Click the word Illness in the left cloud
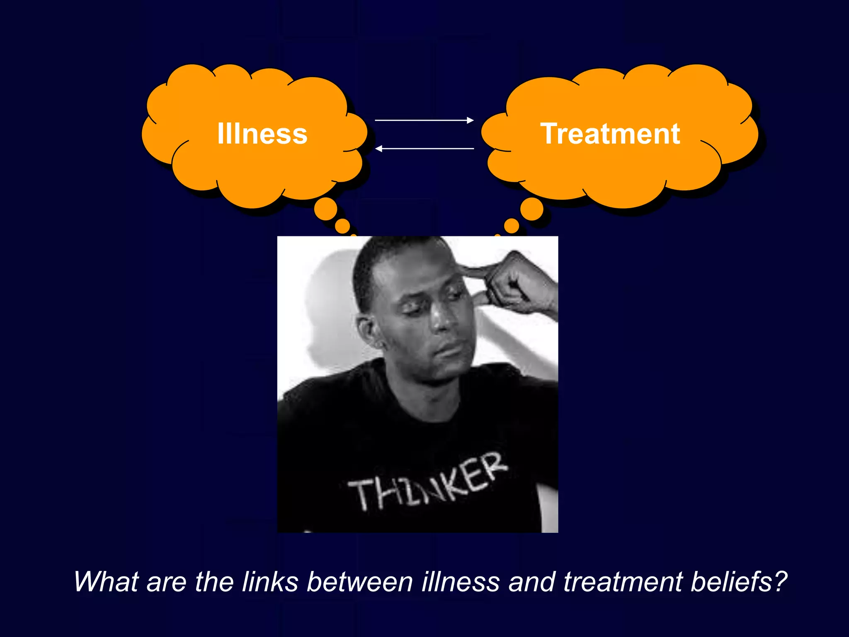click(x=262, y=134)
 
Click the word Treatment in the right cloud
click(x=610, y=134)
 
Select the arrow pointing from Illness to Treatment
click(x=424, y=120)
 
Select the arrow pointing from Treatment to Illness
click(x=424, y=148)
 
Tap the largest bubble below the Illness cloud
click(x=325, y=209)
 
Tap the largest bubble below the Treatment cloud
click(x=532, y=209)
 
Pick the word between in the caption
click(x=359, y=581)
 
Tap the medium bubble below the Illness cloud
click(x=342, y=226)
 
